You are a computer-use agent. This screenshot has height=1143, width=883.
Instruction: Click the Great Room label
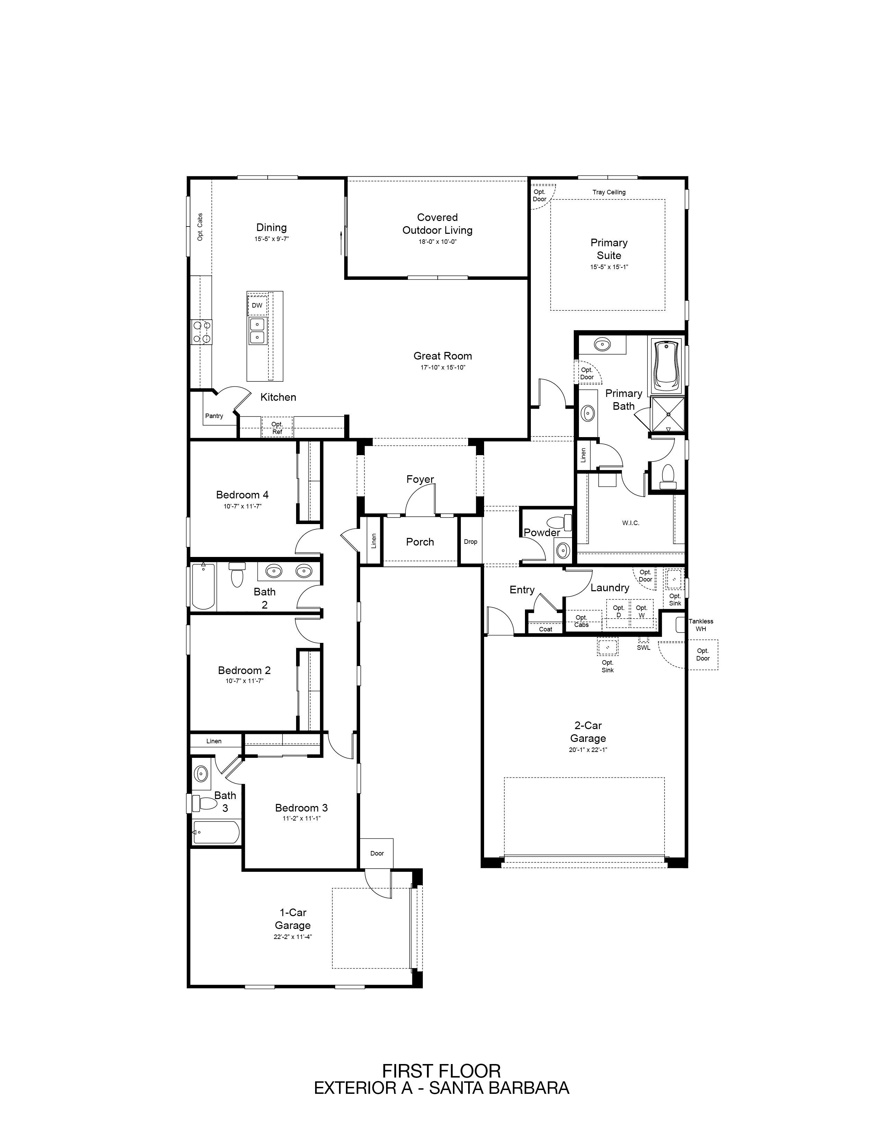point(443,356)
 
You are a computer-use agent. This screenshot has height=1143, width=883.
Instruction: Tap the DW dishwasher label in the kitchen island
point(257,305)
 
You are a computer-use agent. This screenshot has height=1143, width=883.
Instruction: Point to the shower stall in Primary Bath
point(668,415)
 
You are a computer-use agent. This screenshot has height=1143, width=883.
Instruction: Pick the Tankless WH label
point(701,625)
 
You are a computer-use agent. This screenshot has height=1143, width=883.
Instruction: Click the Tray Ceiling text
point(609,192)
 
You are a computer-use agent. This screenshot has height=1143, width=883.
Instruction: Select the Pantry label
point(214,416)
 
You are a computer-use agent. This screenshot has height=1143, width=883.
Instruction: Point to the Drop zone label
point(470,542)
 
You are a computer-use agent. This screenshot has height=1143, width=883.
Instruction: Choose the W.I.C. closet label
point(631,523)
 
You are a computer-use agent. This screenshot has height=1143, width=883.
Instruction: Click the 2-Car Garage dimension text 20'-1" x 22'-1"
point(588,750)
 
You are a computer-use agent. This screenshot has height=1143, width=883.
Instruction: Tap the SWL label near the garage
point(643,647)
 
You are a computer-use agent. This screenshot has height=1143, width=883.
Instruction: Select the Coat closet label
point(546,629)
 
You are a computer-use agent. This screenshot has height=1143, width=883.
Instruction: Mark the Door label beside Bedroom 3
point(377,853)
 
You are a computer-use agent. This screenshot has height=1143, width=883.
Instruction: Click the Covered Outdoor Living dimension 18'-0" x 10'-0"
point(437,242)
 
